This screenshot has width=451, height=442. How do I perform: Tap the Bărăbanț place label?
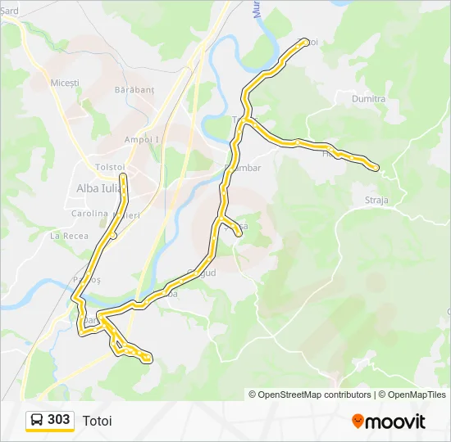pyautogui.click(x=135, y=88)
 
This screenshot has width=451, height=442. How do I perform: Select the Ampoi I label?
pyautogui.click(x=142, y=139)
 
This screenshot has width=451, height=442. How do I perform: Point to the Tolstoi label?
pyautogui.click(x=109, y=167)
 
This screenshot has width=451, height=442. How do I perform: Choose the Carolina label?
pyautogui.click(x=90, y=214)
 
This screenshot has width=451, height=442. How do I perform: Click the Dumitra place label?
pyautogui.click(x=368, y=99)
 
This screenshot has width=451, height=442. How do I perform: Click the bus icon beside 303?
pyautogui.click(x=37, y=420)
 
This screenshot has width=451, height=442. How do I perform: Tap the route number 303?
pyautogui.click(x=59, y=420)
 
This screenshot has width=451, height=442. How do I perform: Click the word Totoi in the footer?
pyautogui.click(x=97, y=421)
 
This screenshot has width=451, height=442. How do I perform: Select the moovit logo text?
pyautogui.click(x=395, y=422)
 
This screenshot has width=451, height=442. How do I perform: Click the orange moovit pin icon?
pyautogui.click(x=358, y=421)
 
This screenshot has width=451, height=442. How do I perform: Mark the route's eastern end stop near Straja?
pyautogui.click(x=376, y=168)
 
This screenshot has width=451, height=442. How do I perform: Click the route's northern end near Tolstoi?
pyautogui.click(x=123, y=176)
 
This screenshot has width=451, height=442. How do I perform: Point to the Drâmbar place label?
pyautogui.click(x=244, y=168)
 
